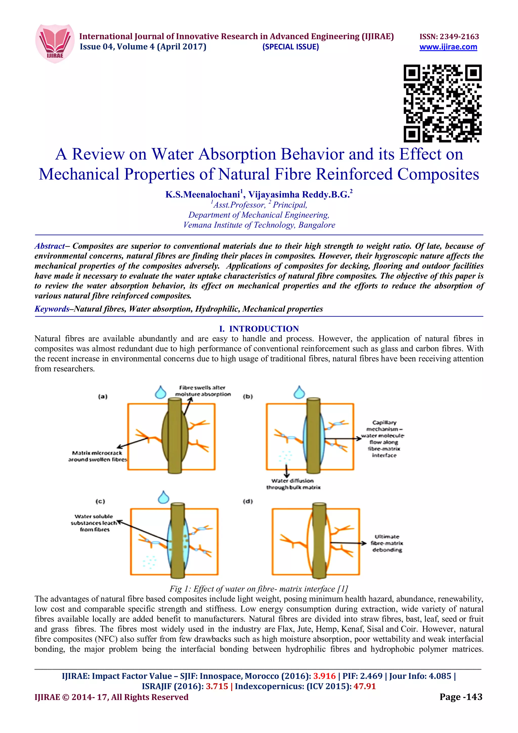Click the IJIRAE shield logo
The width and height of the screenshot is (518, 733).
click(55, 43)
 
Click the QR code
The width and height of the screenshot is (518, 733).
click(442, 103)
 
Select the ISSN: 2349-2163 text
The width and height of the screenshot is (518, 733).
click(449, 36)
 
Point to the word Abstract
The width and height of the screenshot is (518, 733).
click(50, 246)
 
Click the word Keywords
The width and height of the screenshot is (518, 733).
click(52, 309)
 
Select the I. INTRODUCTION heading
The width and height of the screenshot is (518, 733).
click(259, 329)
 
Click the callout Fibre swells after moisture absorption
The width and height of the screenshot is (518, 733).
click(203, 391)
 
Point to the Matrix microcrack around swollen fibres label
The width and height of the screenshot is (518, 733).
click(97, 456)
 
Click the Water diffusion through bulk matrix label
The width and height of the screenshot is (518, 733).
click(293, 484)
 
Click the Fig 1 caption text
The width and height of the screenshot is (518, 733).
click(258, 589)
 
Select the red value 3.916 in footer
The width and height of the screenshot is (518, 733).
click(324, 676)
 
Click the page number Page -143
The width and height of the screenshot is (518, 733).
click(461, 697)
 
